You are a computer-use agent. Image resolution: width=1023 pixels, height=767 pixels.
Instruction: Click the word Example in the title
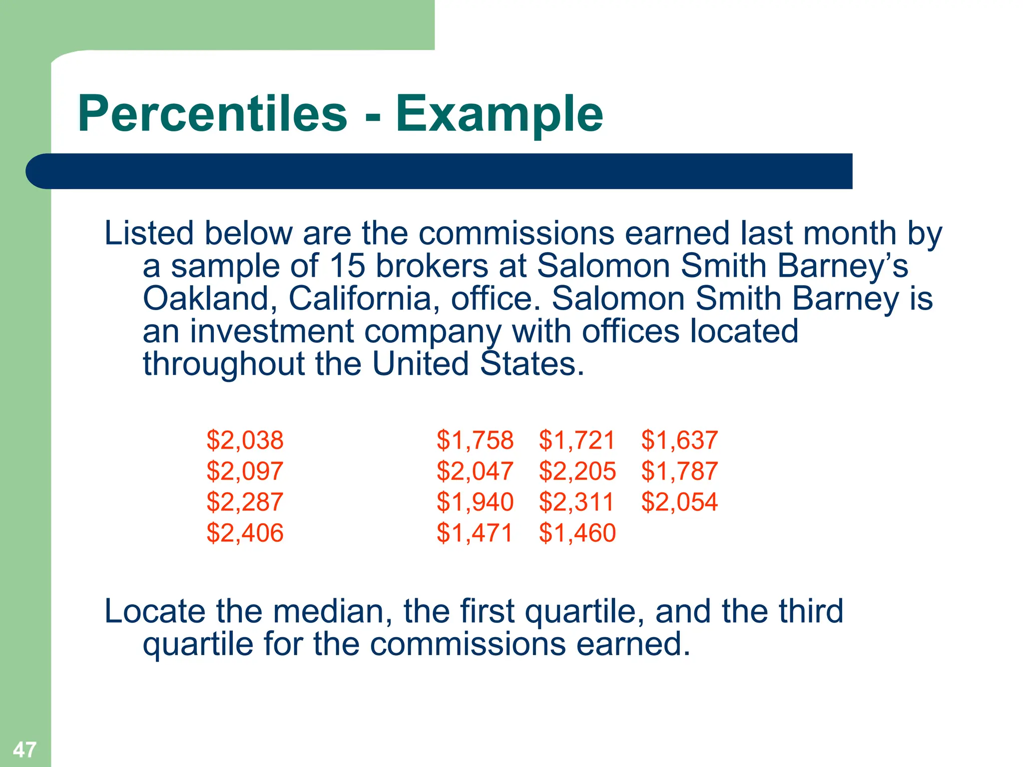coord(499,115)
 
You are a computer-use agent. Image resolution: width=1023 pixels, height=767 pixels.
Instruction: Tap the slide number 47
coord(24,750)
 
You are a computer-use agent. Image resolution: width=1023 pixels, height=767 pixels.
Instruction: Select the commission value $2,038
coord(245,440)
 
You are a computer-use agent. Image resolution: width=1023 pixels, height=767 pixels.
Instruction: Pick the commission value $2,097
coord(245,471)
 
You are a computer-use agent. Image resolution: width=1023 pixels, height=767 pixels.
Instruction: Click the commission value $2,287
coord(245,502)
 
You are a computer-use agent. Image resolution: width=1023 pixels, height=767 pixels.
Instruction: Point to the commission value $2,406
coord(245,533)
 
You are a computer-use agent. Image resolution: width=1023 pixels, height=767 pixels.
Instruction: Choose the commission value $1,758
coord(475,440)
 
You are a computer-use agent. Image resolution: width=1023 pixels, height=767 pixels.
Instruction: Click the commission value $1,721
coord(577,440)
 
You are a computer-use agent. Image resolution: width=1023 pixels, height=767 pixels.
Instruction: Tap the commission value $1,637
coord(679,440)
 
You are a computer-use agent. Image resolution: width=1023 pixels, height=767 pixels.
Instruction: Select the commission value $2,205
coord(577,471)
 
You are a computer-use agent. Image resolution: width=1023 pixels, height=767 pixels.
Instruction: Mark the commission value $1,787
coord(679,471)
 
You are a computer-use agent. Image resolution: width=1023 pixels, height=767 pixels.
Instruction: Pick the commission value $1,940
coord(475,502)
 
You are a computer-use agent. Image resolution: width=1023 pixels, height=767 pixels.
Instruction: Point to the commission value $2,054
coord(679,502)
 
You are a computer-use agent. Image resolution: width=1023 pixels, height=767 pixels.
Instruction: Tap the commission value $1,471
coord(475,533)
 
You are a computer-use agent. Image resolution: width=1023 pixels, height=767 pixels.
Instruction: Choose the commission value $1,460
coord(577,533)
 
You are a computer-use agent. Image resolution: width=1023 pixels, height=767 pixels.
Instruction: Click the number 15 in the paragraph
coord(347,266)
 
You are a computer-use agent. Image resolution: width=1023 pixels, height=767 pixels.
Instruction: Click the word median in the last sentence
coord(329,611)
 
